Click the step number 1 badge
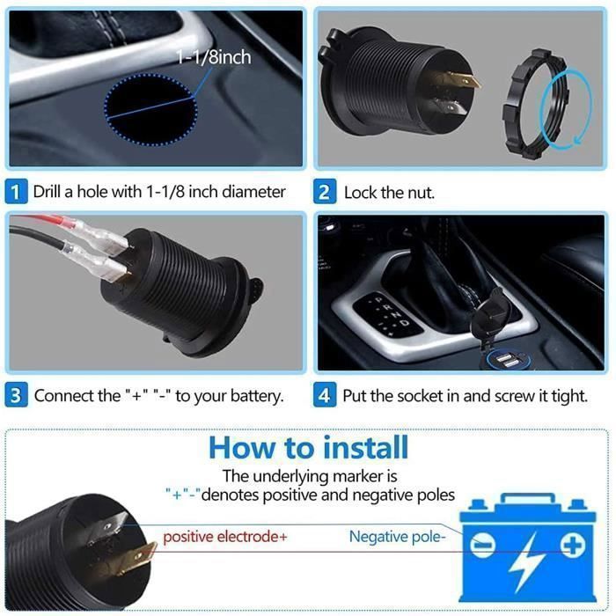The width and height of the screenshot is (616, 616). click(17, 191)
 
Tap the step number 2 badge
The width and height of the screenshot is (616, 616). click(326, 191)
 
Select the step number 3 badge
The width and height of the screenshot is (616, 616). click(17, 395)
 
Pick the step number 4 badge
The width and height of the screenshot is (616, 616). click(326, 395)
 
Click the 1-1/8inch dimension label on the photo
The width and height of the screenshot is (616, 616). click(213, 58)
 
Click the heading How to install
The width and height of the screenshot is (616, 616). click(308, 447)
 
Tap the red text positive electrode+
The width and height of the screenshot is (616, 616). click(225, 536)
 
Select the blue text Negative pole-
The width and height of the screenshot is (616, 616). click(397, 536)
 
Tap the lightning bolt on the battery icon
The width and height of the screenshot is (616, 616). click(528, 566)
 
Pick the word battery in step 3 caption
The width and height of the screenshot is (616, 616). click(255, 396)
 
